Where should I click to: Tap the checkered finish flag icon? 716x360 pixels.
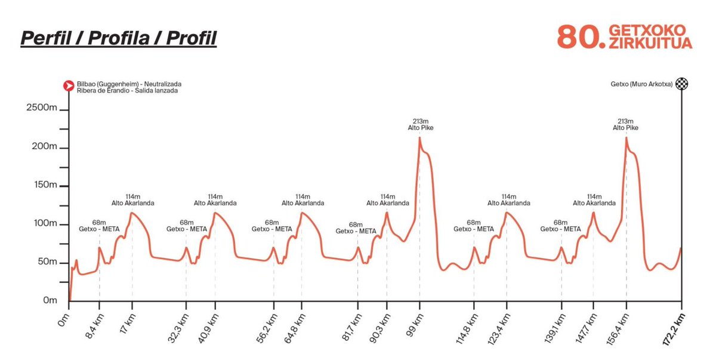point(681,84)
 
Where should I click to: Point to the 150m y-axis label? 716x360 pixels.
point(44,185)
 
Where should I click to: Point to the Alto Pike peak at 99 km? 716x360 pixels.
point(419,138)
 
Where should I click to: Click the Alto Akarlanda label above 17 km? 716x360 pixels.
point(132,203)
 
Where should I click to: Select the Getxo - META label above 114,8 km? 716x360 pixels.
point(474,229)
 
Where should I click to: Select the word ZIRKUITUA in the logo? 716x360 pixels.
point(650,44)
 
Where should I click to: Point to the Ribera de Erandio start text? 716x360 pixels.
point(127,91)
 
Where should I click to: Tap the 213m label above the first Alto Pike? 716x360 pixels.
point(419,121)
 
